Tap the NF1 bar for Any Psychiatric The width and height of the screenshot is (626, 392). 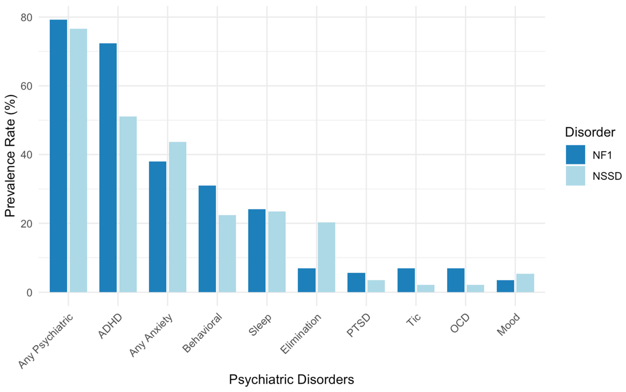58,156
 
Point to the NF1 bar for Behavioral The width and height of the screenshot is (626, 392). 207,239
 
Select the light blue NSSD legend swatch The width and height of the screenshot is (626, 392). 575,176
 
